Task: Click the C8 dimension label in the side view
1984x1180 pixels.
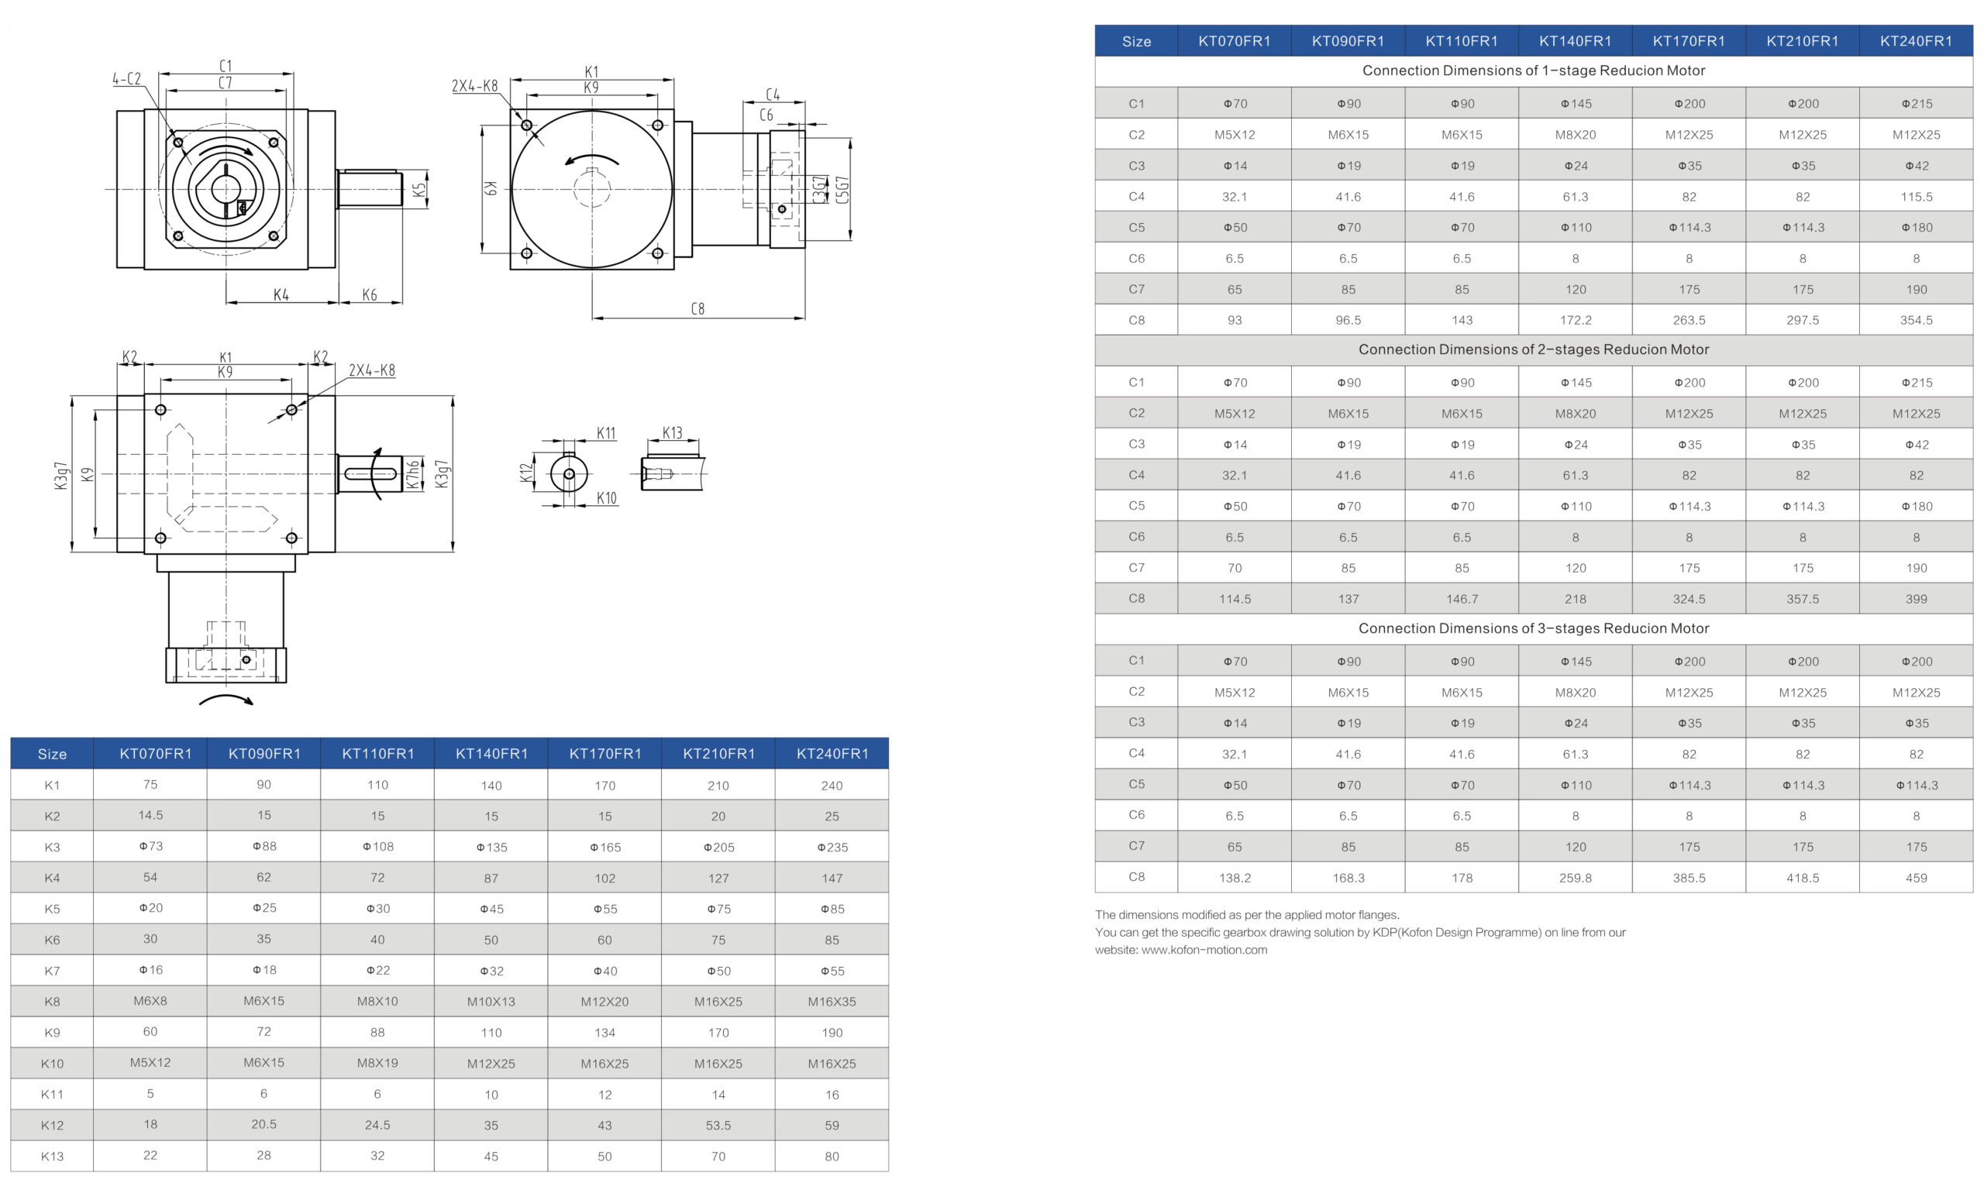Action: (x=697, y=308)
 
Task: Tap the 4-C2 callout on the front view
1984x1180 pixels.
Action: (x=126, y=79)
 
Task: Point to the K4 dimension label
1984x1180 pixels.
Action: (x=281, y=295)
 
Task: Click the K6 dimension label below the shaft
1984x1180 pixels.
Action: (x=370, y=295)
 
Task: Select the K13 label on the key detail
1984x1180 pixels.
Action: (x=673, y=433)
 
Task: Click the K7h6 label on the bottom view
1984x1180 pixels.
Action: (x=413, y=475)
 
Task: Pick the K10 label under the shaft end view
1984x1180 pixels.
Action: (x=607, y=498)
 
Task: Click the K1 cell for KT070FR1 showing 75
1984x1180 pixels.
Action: (x=150, y=785)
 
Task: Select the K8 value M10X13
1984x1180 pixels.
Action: (x=491, y=1002)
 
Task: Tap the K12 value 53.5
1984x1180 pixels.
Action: (x=718, y=1125)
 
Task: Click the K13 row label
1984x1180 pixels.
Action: (x=53, y=1156)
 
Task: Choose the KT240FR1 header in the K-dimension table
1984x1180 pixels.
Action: (x=832, y=754)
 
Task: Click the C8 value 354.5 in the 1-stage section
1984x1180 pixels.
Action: (x=1916, y=321)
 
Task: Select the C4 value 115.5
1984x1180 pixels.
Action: (x=1916, y=196)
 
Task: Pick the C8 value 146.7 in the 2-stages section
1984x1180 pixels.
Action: (x=1462, y=599)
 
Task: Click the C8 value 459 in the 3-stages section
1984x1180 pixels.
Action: (x=1916, y=878)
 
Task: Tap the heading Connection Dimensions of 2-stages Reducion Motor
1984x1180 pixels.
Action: (x=1533, y=349)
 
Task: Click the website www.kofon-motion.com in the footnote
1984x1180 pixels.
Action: (x=1204, y=949)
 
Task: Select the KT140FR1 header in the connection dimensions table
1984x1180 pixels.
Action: (x=1575, y=41)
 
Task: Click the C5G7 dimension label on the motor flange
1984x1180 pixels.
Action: (x=843, y=189)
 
